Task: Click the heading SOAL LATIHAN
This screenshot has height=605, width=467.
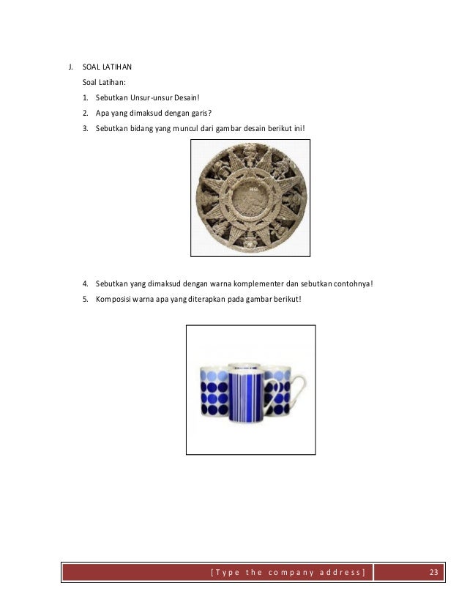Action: [107, 67]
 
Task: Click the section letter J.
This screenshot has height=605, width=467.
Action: [70, 67]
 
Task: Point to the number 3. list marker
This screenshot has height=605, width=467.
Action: [86, 129]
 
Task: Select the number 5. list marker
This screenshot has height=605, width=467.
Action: [86, 299]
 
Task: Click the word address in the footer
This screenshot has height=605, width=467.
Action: [339, 572]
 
